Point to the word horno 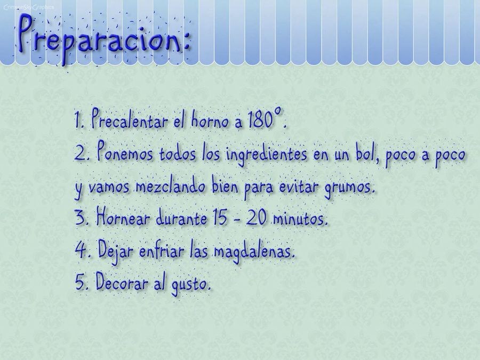209,120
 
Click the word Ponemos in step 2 126,154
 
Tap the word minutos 300,219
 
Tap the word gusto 190,284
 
